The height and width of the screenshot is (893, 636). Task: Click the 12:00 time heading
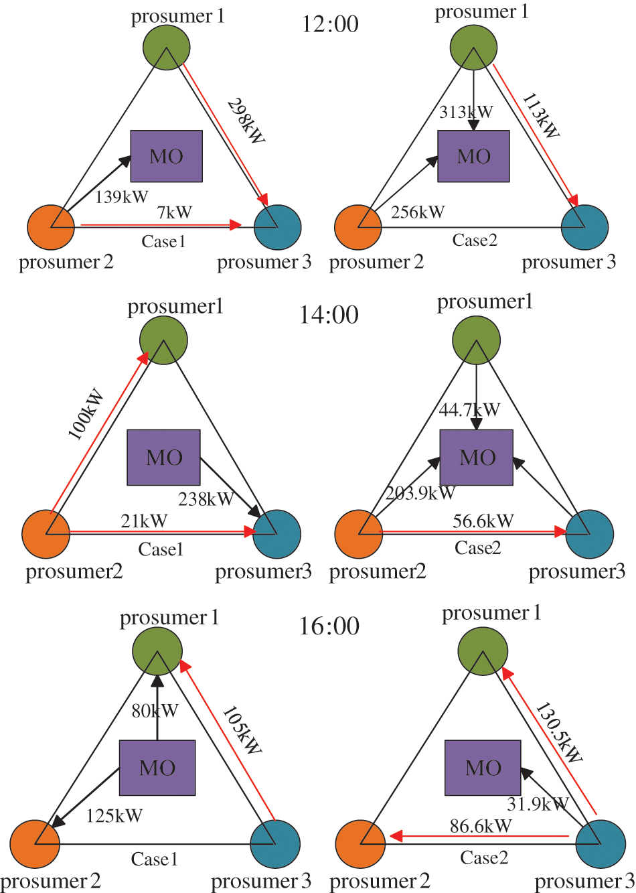330,24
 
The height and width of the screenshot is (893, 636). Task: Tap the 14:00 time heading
329,314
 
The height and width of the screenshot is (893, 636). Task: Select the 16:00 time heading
329,626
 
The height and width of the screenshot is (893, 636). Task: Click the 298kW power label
246,121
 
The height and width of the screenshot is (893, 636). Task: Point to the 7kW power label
175,212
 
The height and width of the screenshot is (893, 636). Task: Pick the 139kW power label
121,197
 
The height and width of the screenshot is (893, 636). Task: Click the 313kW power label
466,112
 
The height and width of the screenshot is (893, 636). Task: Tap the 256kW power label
418,212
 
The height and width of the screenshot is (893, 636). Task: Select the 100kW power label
86,414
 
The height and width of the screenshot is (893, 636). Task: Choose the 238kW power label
206,499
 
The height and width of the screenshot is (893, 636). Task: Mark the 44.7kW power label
469,409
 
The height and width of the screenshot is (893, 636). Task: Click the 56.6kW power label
483,521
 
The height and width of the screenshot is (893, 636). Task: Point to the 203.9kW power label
420,494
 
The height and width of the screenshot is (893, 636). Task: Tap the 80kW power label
155,711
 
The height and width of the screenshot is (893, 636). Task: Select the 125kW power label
114,816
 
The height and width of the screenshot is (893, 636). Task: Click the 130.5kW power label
559,732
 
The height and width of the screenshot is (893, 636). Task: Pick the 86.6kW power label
481,826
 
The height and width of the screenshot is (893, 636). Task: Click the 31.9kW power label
538,804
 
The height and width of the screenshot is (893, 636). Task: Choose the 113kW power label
541,116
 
